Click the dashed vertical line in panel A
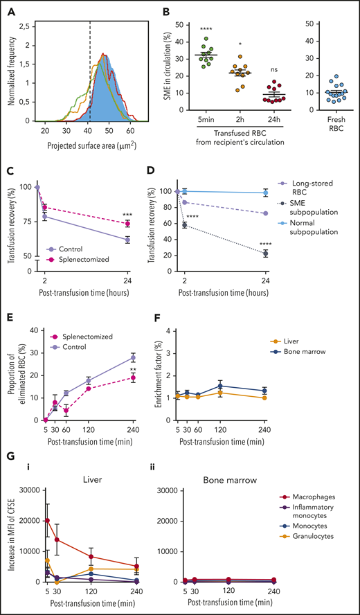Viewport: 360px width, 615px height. point(91,69)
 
